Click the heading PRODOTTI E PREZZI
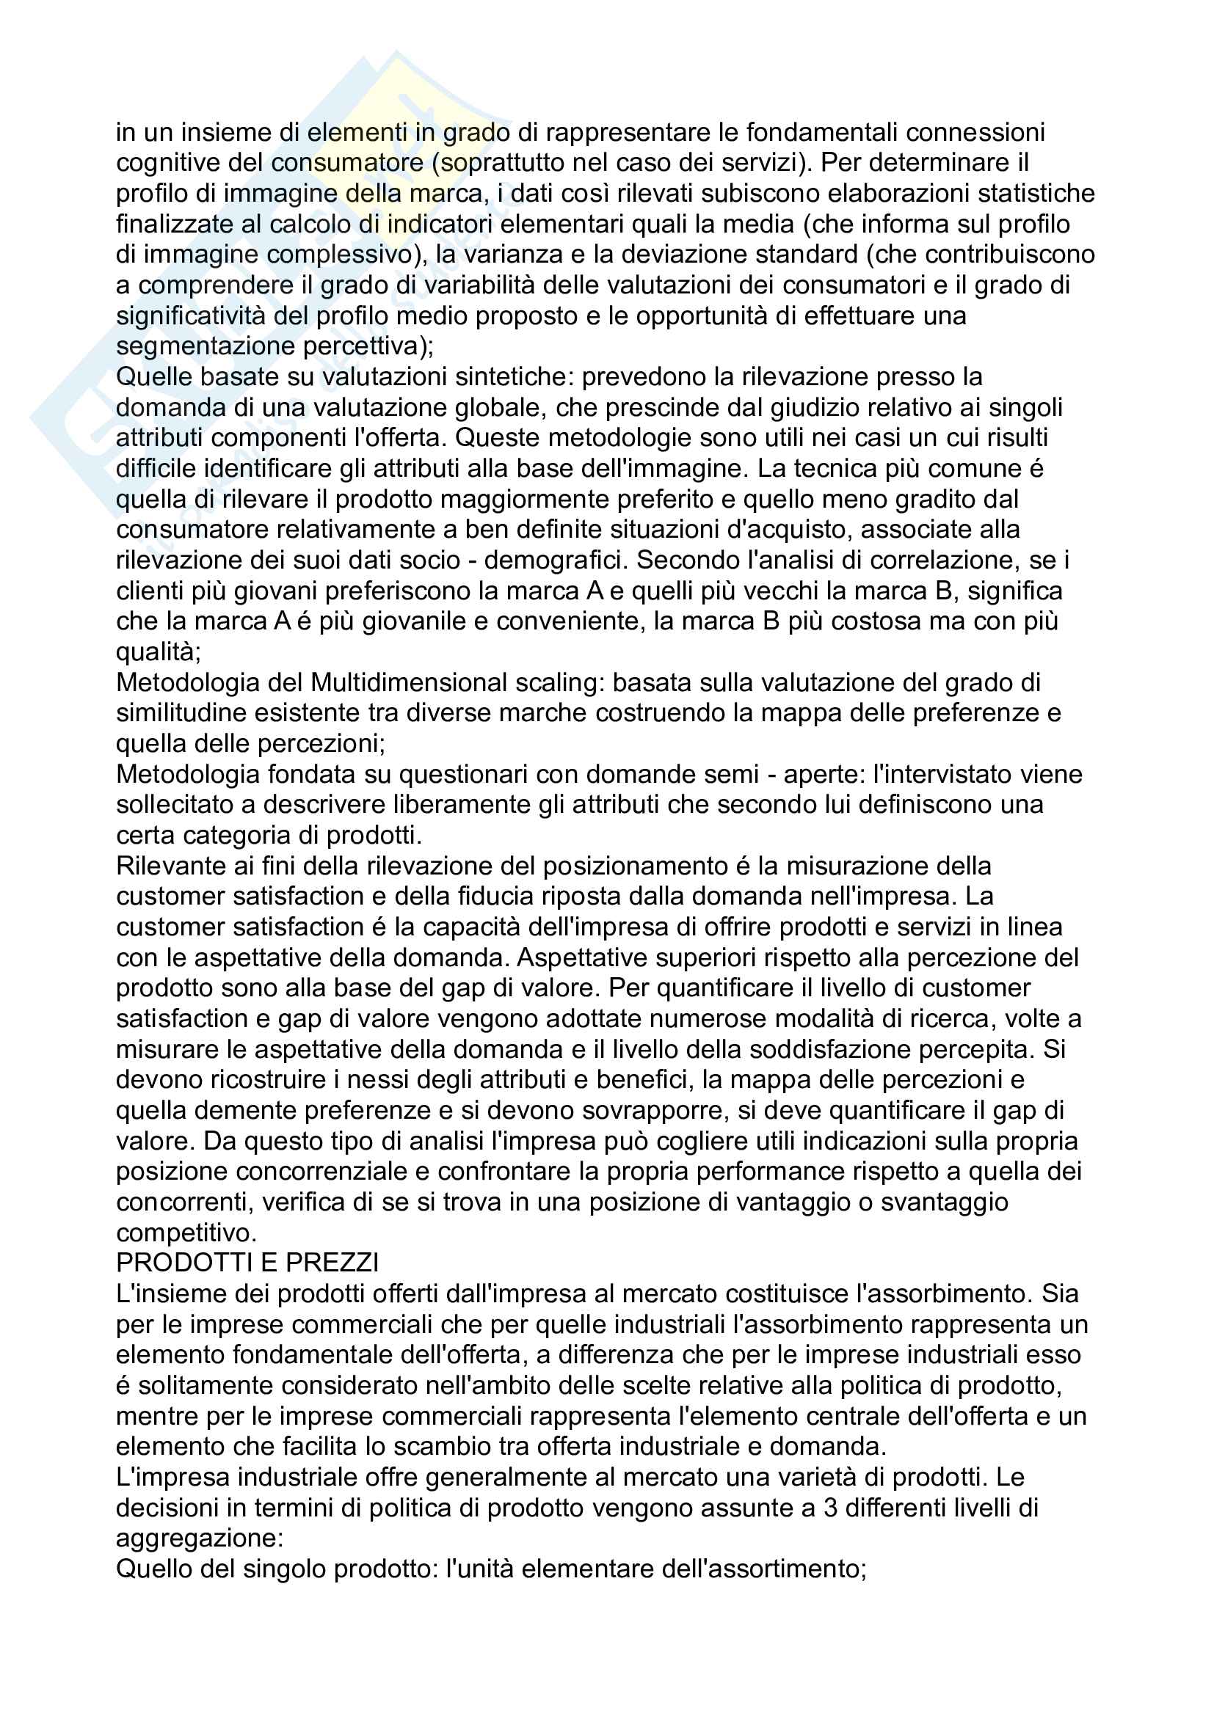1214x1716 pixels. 247,1263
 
